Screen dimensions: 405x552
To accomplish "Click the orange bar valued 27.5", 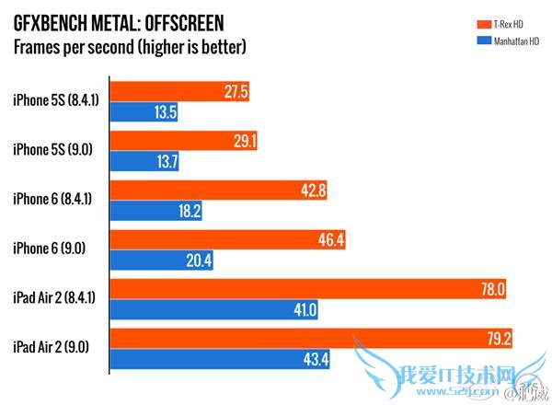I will point(179,92).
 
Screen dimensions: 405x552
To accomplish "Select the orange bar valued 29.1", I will point(183,142).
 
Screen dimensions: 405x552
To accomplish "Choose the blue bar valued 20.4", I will point(162,261).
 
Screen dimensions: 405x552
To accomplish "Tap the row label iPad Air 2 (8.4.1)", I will point(55,300).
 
